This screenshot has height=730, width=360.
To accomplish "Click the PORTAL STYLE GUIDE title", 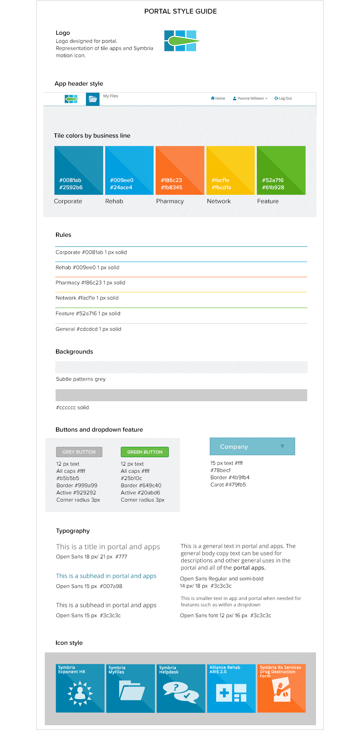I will click(180, 12).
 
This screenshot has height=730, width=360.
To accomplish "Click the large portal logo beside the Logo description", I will click(181, 41).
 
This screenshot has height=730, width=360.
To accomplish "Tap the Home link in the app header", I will click(218, 98).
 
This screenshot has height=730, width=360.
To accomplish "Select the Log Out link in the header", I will click(283, 98).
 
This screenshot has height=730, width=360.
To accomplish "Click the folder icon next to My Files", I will click(93, 99).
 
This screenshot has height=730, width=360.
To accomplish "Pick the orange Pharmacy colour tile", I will click(180, 170).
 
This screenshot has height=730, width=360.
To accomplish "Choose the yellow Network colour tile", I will click(230, 170).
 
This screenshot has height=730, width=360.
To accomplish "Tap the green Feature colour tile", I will click(281, 170).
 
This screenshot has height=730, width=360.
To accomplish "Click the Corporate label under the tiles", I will click(68, 201).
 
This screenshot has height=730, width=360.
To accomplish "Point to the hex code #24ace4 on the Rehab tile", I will click(121, 188).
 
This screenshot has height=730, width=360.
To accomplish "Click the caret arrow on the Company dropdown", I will click(282, 446).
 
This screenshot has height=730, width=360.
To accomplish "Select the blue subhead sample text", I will click(106, 576).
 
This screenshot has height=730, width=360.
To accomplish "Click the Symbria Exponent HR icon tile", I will click(80, 688).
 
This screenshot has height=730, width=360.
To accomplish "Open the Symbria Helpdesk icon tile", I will click(181, 688).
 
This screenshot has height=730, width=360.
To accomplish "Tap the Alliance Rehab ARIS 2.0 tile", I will click(231, 688).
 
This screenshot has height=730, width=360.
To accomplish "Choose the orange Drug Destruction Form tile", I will click(282, 688).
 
